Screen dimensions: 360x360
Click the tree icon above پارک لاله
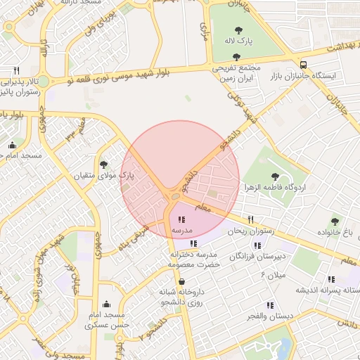point(236,30)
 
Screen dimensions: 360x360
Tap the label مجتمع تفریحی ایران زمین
point(236,74)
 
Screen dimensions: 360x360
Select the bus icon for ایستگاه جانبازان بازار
point(303,63)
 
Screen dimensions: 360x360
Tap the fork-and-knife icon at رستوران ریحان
point(251,219)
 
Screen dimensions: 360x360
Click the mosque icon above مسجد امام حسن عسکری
point(106,304)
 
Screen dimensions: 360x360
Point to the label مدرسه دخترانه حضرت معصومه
point(194,259)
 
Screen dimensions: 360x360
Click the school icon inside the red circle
point(182,219)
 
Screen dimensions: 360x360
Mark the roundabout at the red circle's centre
point(174,198)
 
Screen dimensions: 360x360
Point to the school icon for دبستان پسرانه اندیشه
point(331,278)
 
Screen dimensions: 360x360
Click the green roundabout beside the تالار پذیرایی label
point(44,82)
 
